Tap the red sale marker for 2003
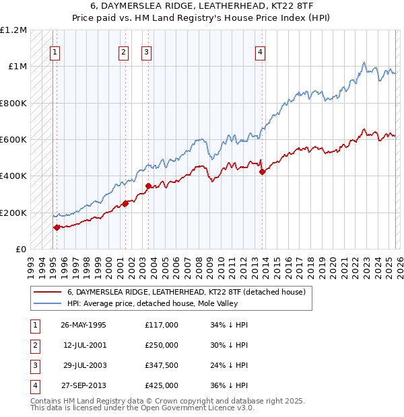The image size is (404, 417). (x=147, y=186)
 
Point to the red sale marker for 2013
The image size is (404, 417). (x=262, y=172)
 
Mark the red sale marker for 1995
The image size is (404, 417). (x=57, y=228)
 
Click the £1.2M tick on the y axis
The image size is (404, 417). (x=13, y=30)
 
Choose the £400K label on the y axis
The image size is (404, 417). (x=13, y=176)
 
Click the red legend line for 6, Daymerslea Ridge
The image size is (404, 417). (x=48, y=293)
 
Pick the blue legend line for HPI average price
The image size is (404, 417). (x=48, y=303)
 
